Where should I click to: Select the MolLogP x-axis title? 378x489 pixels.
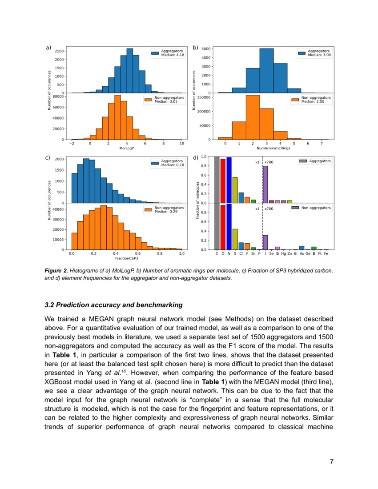click(x=127, y=148)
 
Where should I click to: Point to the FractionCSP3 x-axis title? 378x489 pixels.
click(x=127, y=258)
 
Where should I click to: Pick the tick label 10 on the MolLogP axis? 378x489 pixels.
click(x=181, y=144)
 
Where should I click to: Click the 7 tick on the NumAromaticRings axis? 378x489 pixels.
click(x=322, y=144)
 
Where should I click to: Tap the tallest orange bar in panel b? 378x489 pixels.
click(x=253, y=117)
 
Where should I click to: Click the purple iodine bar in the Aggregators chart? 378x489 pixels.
click(x=265, y=184)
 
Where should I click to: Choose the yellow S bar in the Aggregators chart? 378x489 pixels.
click(x=235, y=190)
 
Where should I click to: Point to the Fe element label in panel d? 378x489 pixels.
click(x=326, y=253)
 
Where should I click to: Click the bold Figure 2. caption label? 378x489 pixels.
click(x=56, y=270)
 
